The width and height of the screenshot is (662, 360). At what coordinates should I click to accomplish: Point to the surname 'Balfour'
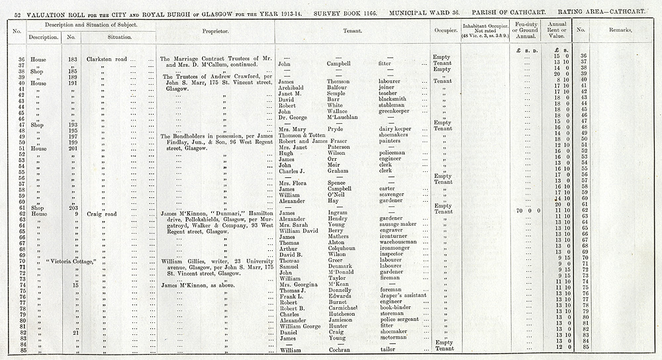point(342,87)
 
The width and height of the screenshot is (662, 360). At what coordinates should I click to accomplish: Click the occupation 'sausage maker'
point(398,224)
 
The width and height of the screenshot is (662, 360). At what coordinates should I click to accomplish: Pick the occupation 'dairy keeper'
point(395,130)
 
